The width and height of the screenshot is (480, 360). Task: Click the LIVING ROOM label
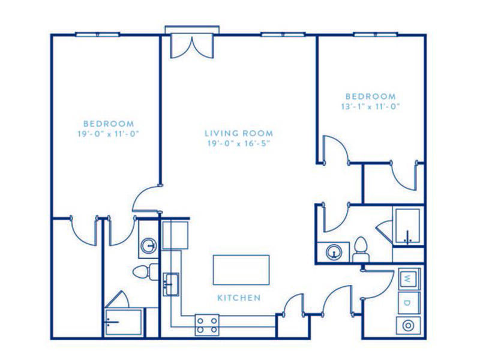[x=239, y=133]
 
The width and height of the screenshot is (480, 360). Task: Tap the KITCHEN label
[x=239, y=298]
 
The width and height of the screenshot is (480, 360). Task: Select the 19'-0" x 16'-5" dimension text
[x=239, y=143]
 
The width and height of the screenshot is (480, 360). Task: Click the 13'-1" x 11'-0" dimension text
[x=371, y=107]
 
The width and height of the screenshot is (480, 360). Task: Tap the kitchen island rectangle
[x=241, y=270]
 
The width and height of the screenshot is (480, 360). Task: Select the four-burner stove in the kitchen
[x=207, y=325]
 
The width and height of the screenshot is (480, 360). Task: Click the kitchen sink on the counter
[x=171, y=284]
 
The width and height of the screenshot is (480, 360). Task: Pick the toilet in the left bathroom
[x=145, y=272]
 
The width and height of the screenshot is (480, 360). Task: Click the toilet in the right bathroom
[x=361, y=250]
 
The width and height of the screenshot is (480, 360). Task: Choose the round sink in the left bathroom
[x=149, y=245]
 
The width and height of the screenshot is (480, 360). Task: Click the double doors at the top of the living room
[x=192, y=46]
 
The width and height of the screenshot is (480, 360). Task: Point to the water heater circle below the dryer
[x=408, y=326]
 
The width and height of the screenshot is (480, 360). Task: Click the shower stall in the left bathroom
[x=124, y=322]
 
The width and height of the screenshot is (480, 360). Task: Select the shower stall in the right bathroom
[x=408, y=226]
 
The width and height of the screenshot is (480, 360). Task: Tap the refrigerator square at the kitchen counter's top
[x=175, y=235]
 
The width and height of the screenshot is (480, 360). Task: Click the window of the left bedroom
[x=98, y=35]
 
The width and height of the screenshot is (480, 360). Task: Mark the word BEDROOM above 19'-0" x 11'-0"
[x=109, y=124]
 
